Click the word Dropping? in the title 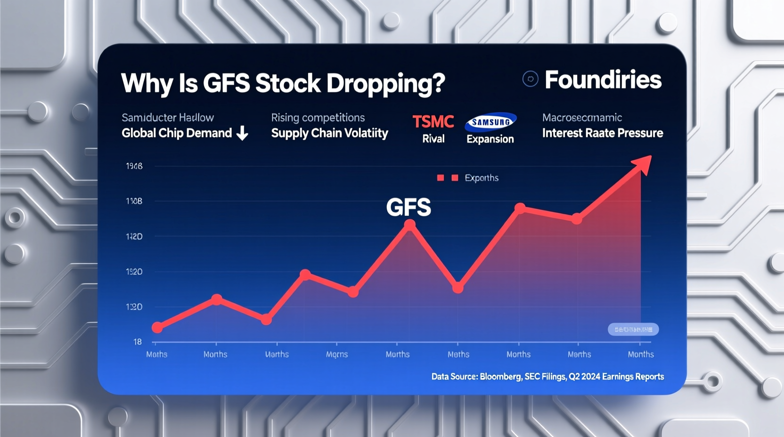coord(385,84)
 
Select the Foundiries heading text coord(603,80)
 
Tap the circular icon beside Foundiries coord(530,79)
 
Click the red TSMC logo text coord(433,122)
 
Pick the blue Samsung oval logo coord(490,122)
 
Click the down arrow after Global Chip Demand coord(242,133)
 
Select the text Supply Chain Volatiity coord(329,133)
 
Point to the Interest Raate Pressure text coord(602,133)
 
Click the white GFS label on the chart coord(408,207)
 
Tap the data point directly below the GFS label coord(410,226)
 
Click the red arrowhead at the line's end coord(643,164)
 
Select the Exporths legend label coord(481,178)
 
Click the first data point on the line coord(157,327)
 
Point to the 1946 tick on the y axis coord(134,166)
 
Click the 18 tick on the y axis coord(137,342)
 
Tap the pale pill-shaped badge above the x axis coord(633,329)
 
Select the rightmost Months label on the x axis coord(640,355)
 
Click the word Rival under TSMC coord(433,139)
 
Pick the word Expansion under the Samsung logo coord(490,139)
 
